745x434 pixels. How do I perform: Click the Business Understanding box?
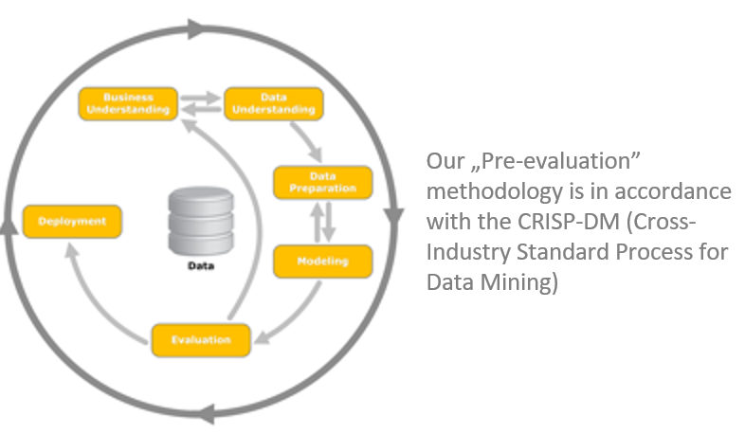click(x=128, y=103)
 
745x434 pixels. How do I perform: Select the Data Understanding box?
click(x=274, y=103)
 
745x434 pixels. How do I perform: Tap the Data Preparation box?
click(x=321, y=182)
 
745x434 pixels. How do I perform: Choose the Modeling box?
click(x=322, y=261)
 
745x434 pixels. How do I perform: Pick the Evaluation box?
click(x=201, y=338)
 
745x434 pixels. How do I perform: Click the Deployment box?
click(x=72, y=221)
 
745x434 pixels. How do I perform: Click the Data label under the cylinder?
click(x=200, y=266)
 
